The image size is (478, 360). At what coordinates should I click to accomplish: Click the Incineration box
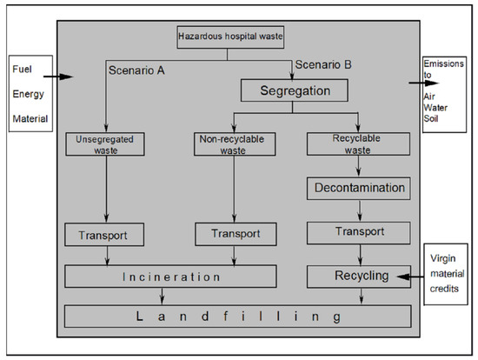pyautogui.click(x=170, y=277)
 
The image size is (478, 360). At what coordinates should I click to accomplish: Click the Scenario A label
pyautogui.click(x=136, y=68)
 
